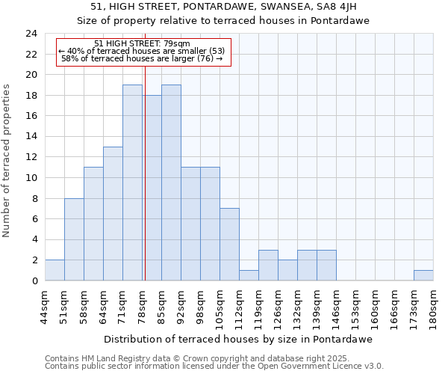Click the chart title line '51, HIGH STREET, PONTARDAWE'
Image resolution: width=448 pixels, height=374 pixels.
click(224, 7)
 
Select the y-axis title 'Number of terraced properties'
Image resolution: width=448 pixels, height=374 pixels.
click(7, 161)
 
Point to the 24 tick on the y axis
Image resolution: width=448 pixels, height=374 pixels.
click(31, 34)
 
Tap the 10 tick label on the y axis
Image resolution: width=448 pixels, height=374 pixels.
click(31, 178)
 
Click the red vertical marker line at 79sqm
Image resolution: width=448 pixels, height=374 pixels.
click(145, 187)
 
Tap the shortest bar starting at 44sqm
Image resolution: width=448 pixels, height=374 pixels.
click(55, 271)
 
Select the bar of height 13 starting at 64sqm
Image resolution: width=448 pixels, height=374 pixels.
click(113, 214)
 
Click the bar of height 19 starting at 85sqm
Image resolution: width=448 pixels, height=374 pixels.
click(171, 183)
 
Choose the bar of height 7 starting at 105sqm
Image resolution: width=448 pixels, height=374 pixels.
click(229, 245)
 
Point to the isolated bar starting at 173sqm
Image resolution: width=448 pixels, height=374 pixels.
click(423, 275)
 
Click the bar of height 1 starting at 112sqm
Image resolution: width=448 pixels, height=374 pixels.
click(249, 275)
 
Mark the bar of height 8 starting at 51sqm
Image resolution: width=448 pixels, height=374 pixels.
click(74, 239)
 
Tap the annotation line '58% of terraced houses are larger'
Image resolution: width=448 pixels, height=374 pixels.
click(142, 58)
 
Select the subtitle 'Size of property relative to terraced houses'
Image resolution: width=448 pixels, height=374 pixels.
click(224, 21)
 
